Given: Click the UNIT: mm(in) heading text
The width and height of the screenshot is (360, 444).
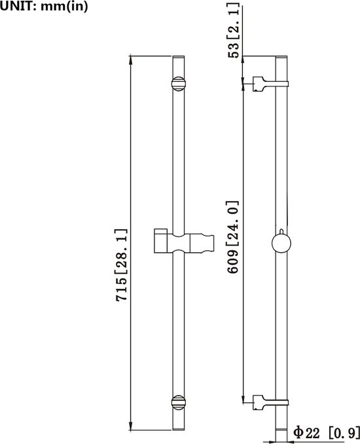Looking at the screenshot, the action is click(x=44, y=6).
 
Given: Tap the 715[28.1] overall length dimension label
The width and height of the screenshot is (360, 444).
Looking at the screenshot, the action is click(x=121, y=265).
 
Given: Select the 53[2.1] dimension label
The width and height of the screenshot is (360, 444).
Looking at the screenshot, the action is click(x=234, y=31).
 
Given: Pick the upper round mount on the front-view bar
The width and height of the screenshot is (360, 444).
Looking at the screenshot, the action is click(x=179, y=84).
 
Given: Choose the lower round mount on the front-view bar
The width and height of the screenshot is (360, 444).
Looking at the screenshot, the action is click(x=179, y=402).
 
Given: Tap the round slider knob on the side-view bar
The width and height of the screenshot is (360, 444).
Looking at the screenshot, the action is click(x=281, y=243).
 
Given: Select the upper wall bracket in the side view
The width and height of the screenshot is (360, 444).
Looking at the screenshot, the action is click(x=270, y=84).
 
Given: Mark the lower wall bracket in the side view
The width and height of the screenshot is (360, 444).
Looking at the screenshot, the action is click(x=270, y=402).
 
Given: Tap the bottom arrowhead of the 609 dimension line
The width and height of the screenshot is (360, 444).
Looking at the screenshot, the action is click(x=243, y=398).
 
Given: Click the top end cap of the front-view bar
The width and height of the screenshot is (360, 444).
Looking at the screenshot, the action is click(x=179, y=57).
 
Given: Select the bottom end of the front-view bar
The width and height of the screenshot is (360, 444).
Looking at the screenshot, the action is click(x=179, y=430).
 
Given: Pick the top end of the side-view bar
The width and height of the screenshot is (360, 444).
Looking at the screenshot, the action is click(x=281, y=57).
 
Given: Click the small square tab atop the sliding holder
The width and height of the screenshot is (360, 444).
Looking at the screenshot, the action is click(x=160, y=231).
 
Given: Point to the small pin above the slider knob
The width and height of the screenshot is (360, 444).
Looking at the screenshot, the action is click(x=281, y=232).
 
